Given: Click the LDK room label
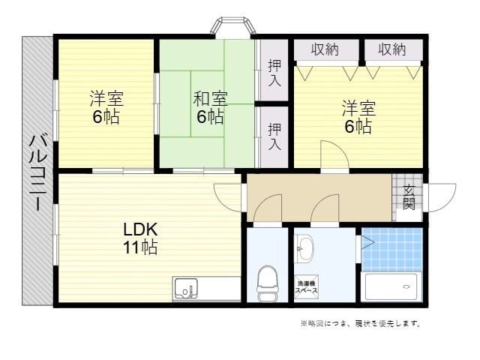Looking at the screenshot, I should [140, 229].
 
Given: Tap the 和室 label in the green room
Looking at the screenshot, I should [211, 98].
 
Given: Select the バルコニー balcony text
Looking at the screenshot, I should [37, 172].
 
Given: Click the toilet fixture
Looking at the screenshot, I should [267, 283].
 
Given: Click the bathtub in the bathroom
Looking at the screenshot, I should [391, 286].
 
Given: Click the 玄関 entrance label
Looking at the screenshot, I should [409, 197].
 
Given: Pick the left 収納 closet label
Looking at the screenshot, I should [325, 49].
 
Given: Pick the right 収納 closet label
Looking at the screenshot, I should [391, 49].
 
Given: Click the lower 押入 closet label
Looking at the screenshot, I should [275, 136].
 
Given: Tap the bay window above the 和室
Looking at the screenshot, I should [232, 27].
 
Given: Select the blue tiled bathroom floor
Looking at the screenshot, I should [391, 248].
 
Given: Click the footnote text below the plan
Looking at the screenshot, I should [360, 324].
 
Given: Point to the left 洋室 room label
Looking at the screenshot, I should [106, 98].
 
